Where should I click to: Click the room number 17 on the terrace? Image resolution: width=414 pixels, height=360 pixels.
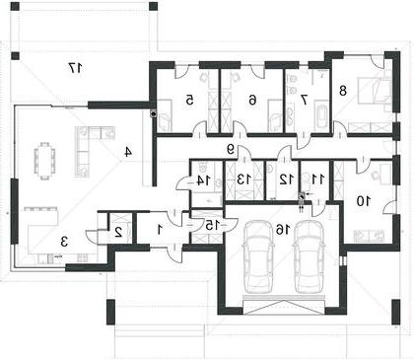click(76, 68)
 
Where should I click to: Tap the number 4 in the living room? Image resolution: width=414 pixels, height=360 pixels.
click(128, 152)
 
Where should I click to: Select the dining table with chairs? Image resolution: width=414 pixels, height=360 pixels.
click(44, 161)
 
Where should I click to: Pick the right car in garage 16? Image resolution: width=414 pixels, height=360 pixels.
click(310, 256)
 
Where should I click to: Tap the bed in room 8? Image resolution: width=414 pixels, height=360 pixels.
click(374, 90)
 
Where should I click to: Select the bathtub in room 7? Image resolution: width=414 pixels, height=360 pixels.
click(321, 116)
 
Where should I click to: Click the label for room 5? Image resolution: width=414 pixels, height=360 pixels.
click(189, 100)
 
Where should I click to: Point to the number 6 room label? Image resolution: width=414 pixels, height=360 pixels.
click(252, 100)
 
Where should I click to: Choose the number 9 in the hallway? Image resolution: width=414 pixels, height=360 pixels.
click(231, 150)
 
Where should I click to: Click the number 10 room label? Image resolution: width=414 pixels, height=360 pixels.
click(364, 200)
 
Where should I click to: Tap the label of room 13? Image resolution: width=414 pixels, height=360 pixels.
click(243, 180)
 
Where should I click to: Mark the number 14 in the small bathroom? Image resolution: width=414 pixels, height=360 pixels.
click(204, 180)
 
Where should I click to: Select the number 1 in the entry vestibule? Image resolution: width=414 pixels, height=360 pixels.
click(160, 229)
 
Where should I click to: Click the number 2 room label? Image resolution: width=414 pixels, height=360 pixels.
click(118, 232)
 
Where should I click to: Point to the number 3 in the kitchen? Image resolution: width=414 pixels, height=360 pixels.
click(64, 243)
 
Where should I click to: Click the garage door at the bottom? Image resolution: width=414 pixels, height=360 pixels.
click(284, 306)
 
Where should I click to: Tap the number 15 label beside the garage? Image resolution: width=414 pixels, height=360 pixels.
click(209, 225)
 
